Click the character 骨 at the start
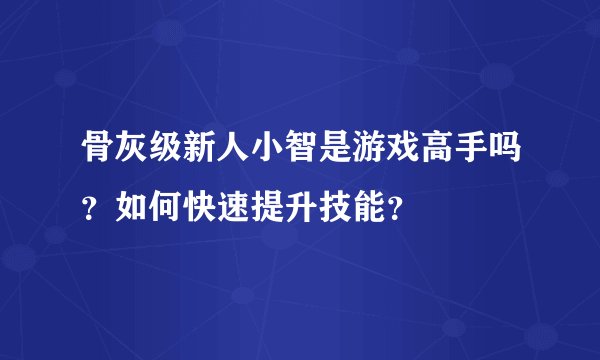97,154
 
